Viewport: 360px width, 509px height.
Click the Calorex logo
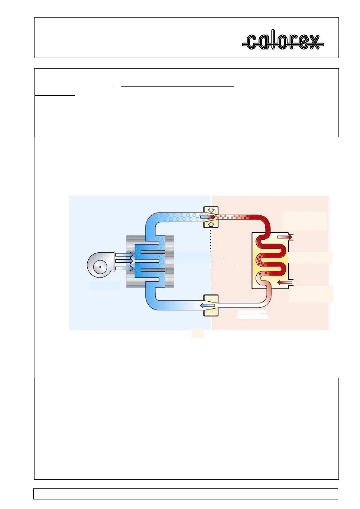(283, 40)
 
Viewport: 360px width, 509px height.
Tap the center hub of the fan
(100, 267)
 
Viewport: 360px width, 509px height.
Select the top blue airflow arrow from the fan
(124, 255)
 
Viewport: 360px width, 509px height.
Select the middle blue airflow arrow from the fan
(124, 261)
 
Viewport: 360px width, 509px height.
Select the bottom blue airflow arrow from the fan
(124, 268)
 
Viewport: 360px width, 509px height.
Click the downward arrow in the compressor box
(211, 210)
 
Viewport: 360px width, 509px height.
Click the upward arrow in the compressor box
(211, 224)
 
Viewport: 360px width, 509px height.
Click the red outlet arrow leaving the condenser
(285, 237)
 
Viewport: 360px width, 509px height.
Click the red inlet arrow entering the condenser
(285, 283)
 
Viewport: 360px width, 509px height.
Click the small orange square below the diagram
(197, 333)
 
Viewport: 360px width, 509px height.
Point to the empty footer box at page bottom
(186, 494)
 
